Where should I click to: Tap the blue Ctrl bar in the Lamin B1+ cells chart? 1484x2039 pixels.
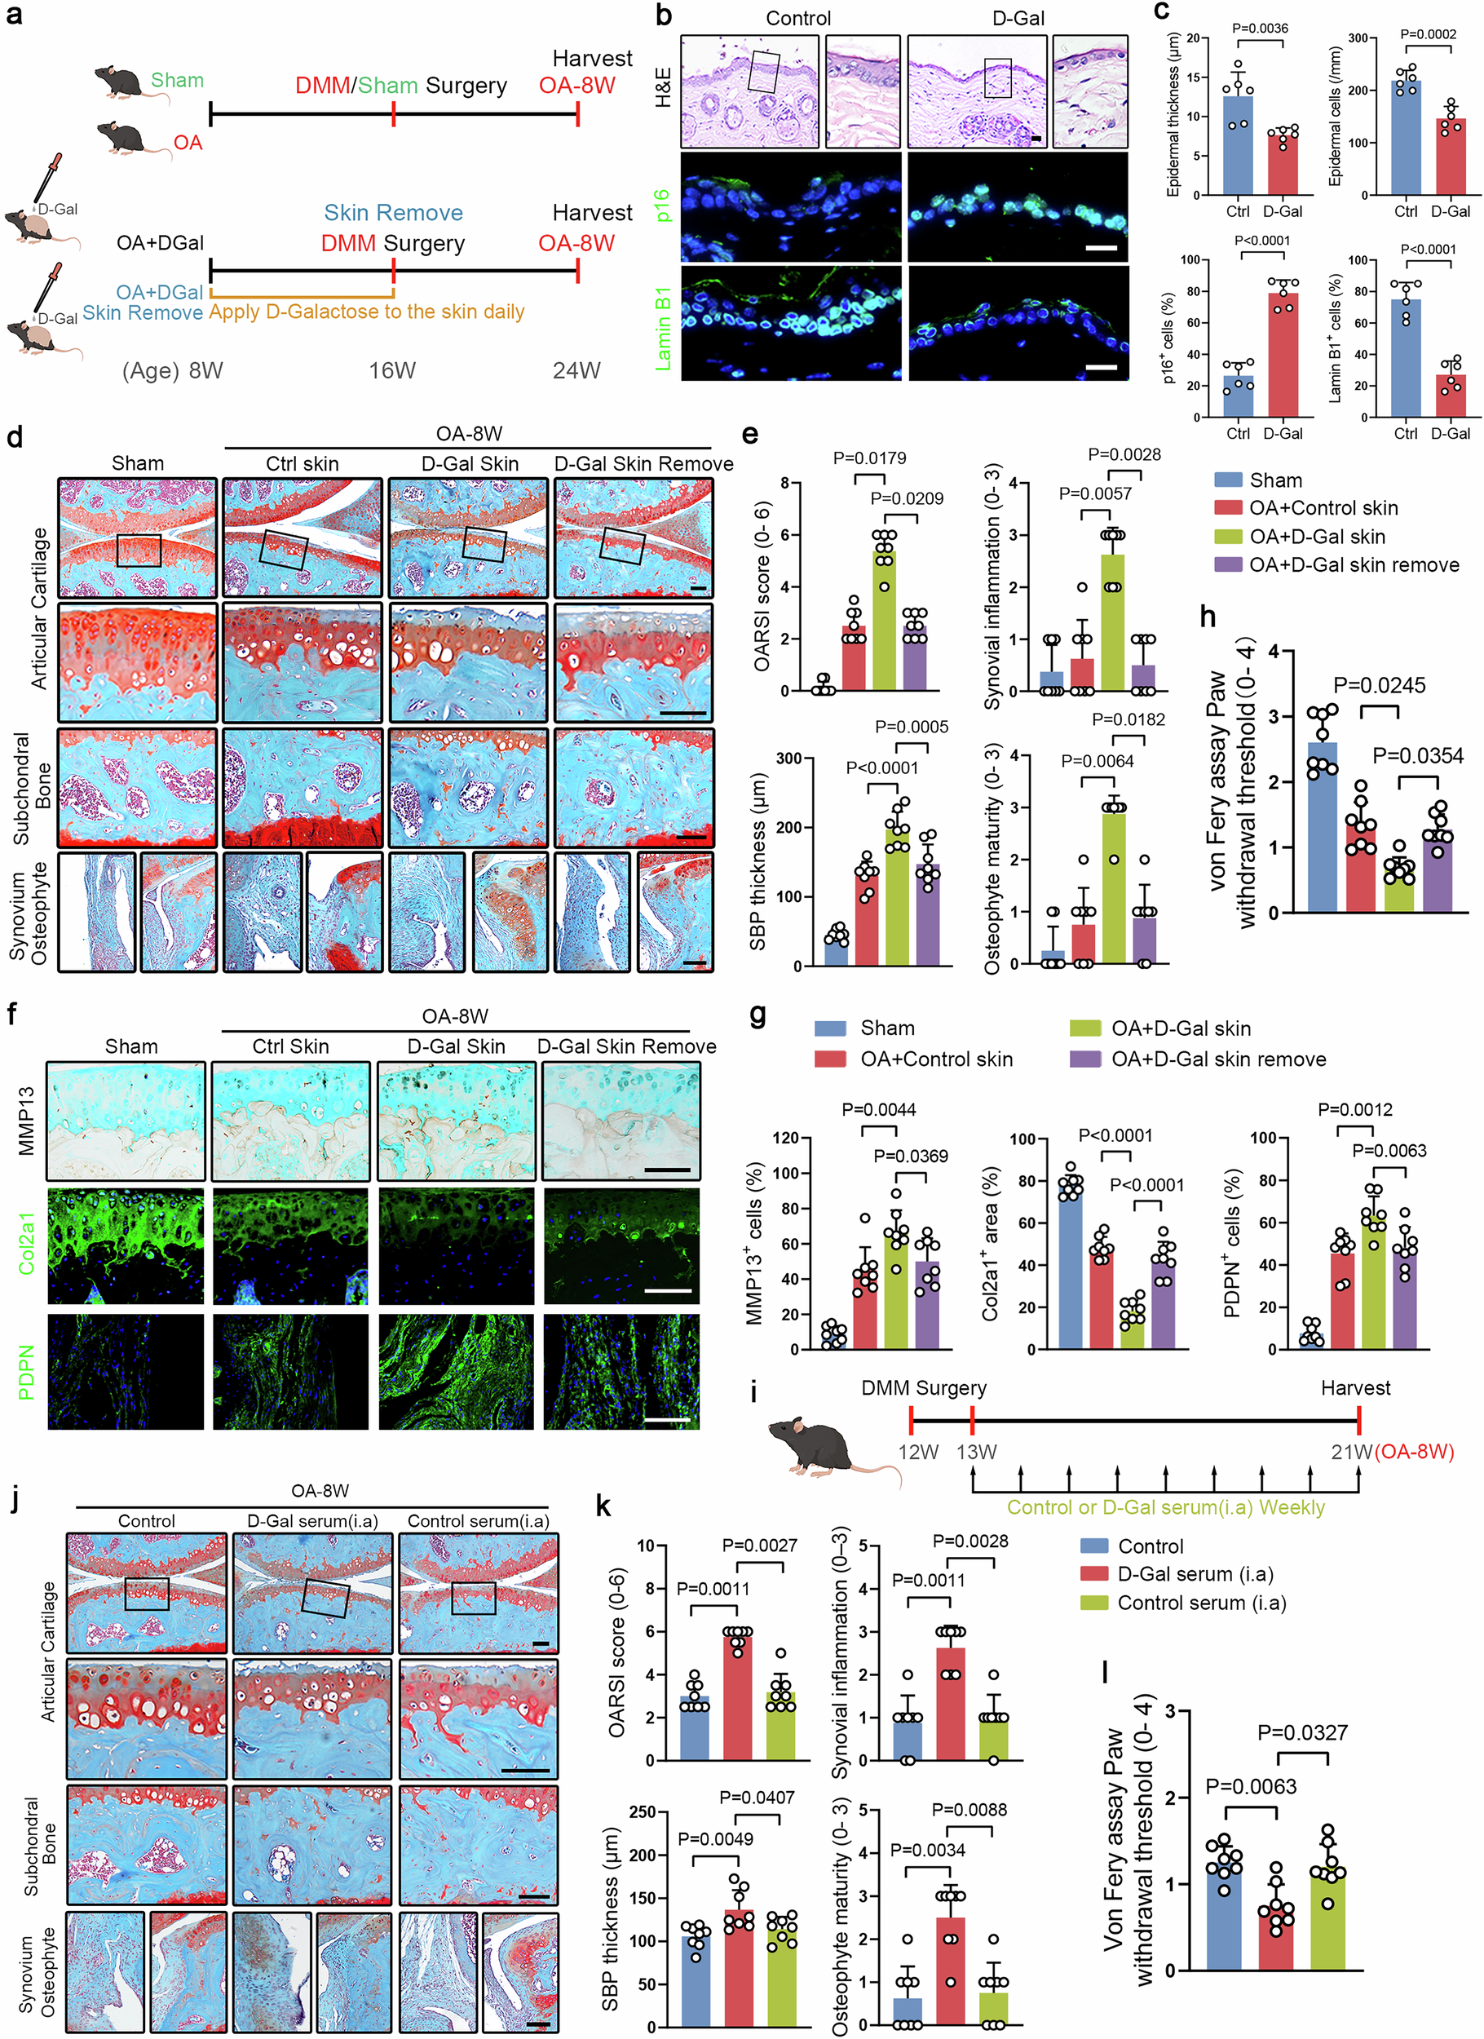[1406, 358]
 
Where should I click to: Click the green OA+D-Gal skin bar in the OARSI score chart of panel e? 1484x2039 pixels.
[886, 621]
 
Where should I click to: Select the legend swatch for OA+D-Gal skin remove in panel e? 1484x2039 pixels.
[1228, 564]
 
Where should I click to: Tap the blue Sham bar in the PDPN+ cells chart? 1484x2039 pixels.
[1311, 1338]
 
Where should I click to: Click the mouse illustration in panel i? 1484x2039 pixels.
[832, 1449]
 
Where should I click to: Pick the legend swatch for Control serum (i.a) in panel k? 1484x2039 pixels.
[1094, 1602]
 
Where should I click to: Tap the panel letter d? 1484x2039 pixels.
[15, 438]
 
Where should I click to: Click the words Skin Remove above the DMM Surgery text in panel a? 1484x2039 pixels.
[394, 213]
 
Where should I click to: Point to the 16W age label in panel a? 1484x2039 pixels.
[392, 370]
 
